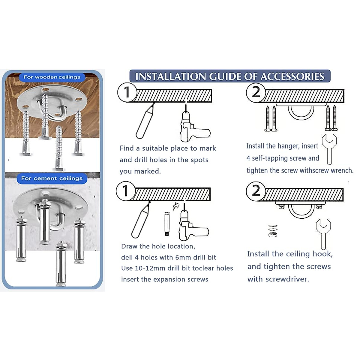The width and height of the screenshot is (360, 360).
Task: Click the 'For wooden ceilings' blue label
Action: [x=52, y=77]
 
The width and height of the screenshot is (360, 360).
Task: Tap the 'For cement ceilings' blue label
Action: [x=52, y=178]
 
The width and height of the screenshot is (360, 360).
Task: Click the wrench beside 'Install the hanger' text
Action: [x=329, y=149]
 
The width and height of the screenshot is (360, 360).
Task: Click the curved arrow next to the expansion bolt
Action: [x=176, y=207]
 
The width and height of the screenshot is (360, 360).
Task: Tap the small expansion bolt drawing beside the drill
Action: [x=167, y=224]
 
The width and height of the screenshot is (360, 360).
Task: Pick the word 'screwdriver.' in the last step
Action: [x=287, y=279]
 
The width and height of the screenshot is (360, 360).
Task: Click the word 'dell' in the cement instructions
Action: [x=127, y=257]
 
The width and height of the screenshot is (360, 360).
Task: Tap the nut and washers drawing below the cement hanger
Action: [x=273, y=231]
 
